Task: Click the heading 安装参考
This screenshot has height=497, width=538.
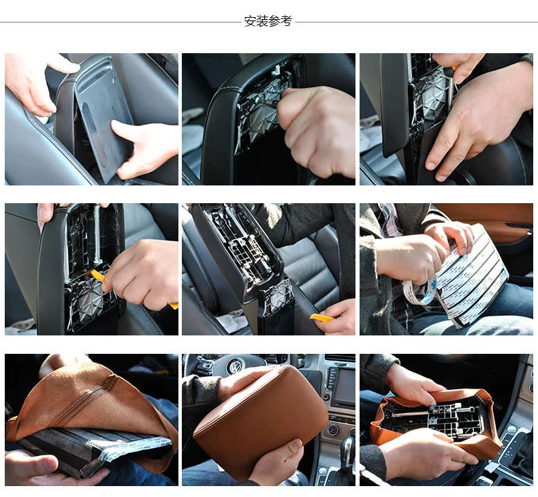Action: (x=268, y=21)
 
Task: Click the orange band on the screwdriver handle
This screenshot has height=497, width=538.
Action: (x=455, y=67)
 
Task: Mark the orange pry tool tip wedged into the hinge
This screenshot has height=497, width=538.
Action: (x=97, y=275)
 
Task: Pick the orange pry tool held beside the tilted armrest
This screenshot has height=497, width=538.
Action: (x=322, y=318)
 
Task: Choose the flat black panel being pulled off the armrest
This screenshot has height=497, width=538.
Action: (x=104, y=119)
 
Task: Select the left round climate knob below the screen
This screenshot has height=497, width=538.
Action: (x=334, y=430)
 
